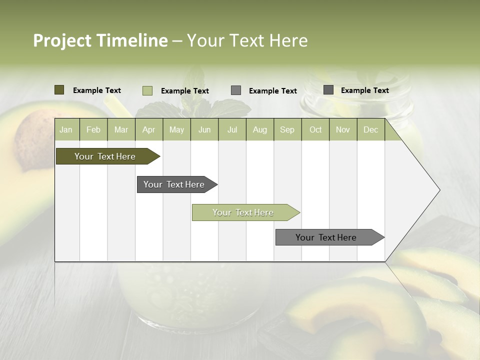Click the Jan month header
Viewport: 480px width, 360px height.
coord(66,129)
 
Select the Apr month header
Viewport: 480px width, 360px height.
coord(149,129)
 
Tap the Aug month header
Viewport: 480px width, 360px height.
coord(260,129)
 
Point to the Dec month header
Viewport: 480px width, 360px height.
coord(370,129)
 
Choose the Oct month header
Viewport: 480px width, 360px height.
coord(315,129)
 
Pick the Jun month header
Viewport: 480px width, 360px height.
coord(204,129)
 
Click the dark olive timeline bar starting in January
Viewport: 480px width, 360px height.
coord(105,156)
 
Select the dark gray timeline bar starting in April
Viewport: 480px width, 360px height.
coord(174,184)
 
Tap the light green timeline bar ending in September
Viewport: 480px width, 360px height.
coord(243,212)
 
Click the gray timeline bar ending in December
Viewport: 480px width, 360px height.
coord(326,237)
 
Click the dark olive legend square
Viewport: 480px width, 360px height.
coord(59,90)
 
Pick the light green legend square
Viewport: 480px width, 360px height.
coord(147,90)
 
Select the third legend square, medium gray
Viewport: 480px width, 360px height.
coord(236,90)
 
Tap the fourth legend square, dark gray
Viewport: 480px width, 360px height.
coord(328,90)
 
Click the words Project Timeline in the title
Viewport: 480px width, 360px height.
coord(100,40)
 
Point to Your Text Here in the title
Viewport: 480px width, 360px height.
coord(247,40)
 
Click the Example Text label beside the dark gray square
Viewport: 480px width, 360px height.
coord(364,90)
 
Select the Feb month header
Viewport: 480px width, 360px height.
coord(93,129)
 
